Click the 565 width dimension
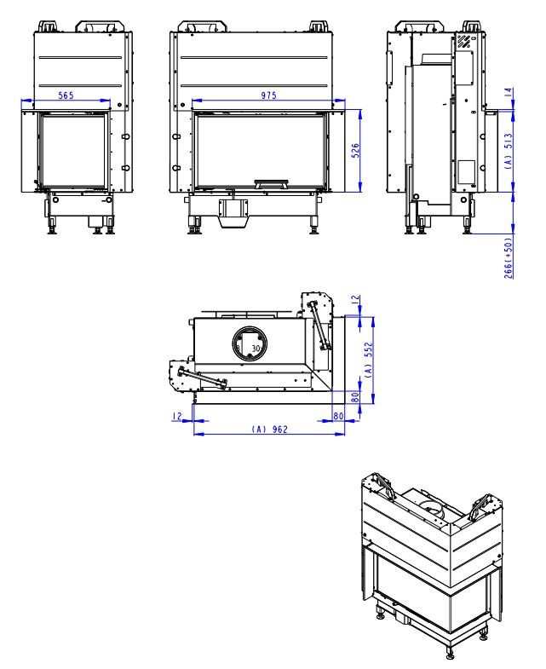(65, 97)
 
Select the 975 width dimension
(268, 97)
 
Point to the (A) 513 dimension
(510, 155)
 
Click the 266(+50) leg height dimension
(510, 255)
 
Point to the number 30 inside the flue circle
(256, 349)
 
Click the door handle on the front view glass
(272, 182)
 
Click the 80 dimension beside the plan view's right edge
(356, 396)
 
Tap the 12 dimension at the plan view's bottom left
(176, 417)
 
